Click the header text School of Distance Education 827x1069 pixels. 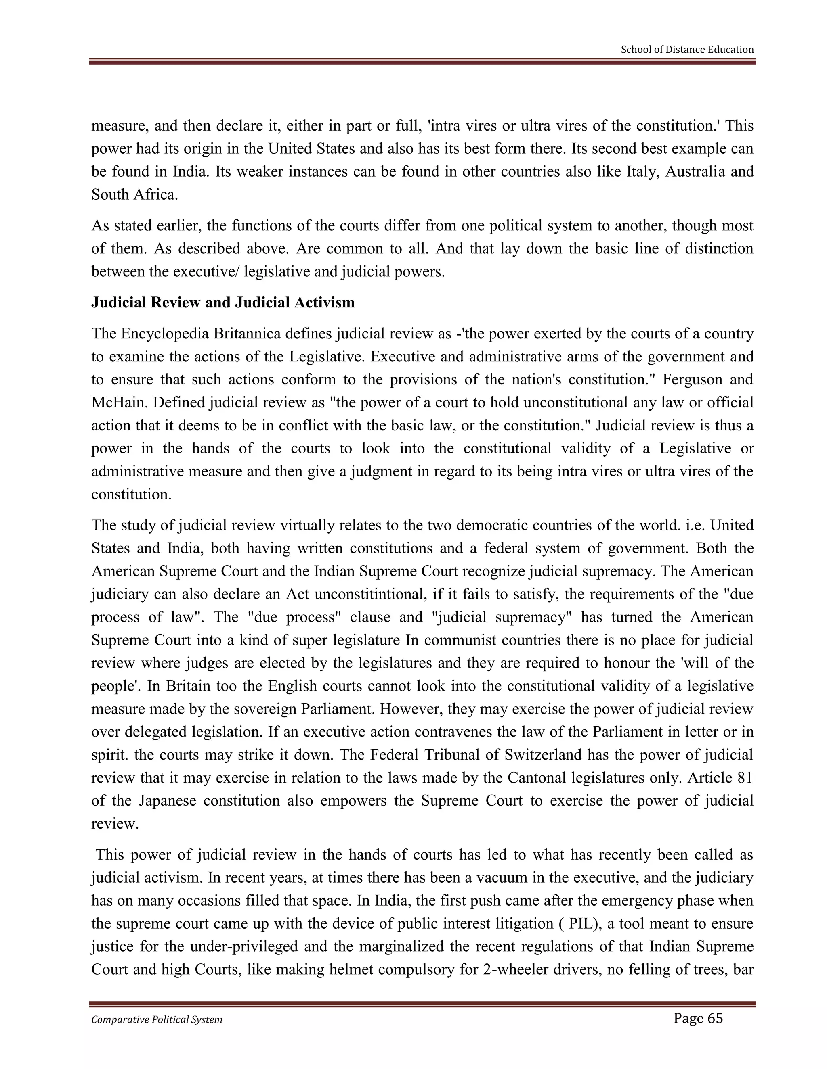(x=687, y=50)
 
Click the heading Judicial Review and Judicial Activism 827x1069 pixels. (x=223, y=303)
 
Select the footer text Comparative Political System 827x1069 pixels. (x=157, y=1019)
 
